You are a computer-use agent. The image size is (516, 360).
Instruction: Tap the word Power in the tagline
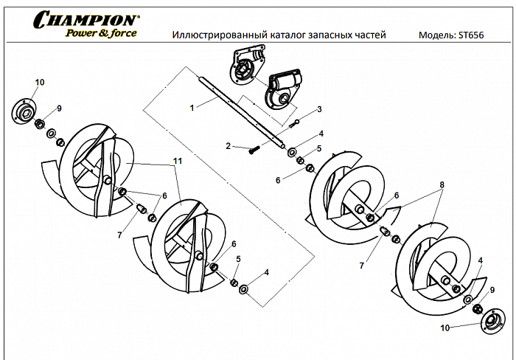(x=83, y=34)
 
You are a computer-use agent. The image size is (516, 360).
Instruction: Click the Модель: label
(x=436, y=35)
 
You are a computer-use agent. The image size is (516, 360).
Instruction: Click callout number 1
(x=192, y=108)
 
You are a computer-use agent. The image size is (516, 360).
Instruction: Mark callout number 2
(x=229, y=145)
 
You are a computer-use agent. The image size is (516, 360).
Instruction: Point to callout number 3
(x=319, y=109)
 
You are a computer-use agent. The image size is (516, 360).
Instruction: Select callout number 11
(x=176, y=161)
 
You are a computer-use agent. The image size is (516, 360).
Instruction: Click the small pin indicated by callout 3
(x=296, y=122)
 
